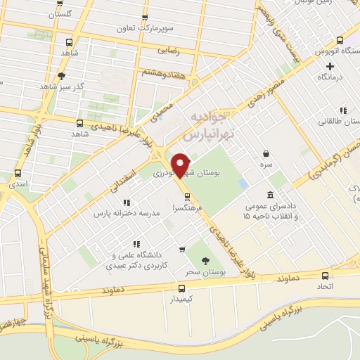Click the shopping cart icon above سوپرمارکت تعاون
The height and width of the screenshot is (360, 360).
pyautogui.click(x=145, y=18)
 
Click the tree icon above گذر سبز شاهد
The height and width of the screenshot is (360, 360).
pyautogui.click(x=62, y=76)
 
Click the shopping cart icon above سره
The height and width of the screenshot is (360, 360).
pyautogui.click(x=266, y=153)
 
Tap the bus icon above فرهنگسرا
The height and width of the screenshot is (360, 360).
pyautogui.click(x=186, y=196)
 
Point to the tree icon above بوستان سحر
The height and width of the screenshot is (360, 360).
pyautogui.click(x=205, y=261)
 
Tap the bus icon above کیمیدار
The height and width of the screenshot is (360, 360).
pyautogui.click(x=182, y=288)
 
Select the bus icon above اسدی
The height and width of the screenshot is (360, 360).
pyautogui.click(x=18, y=173)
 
